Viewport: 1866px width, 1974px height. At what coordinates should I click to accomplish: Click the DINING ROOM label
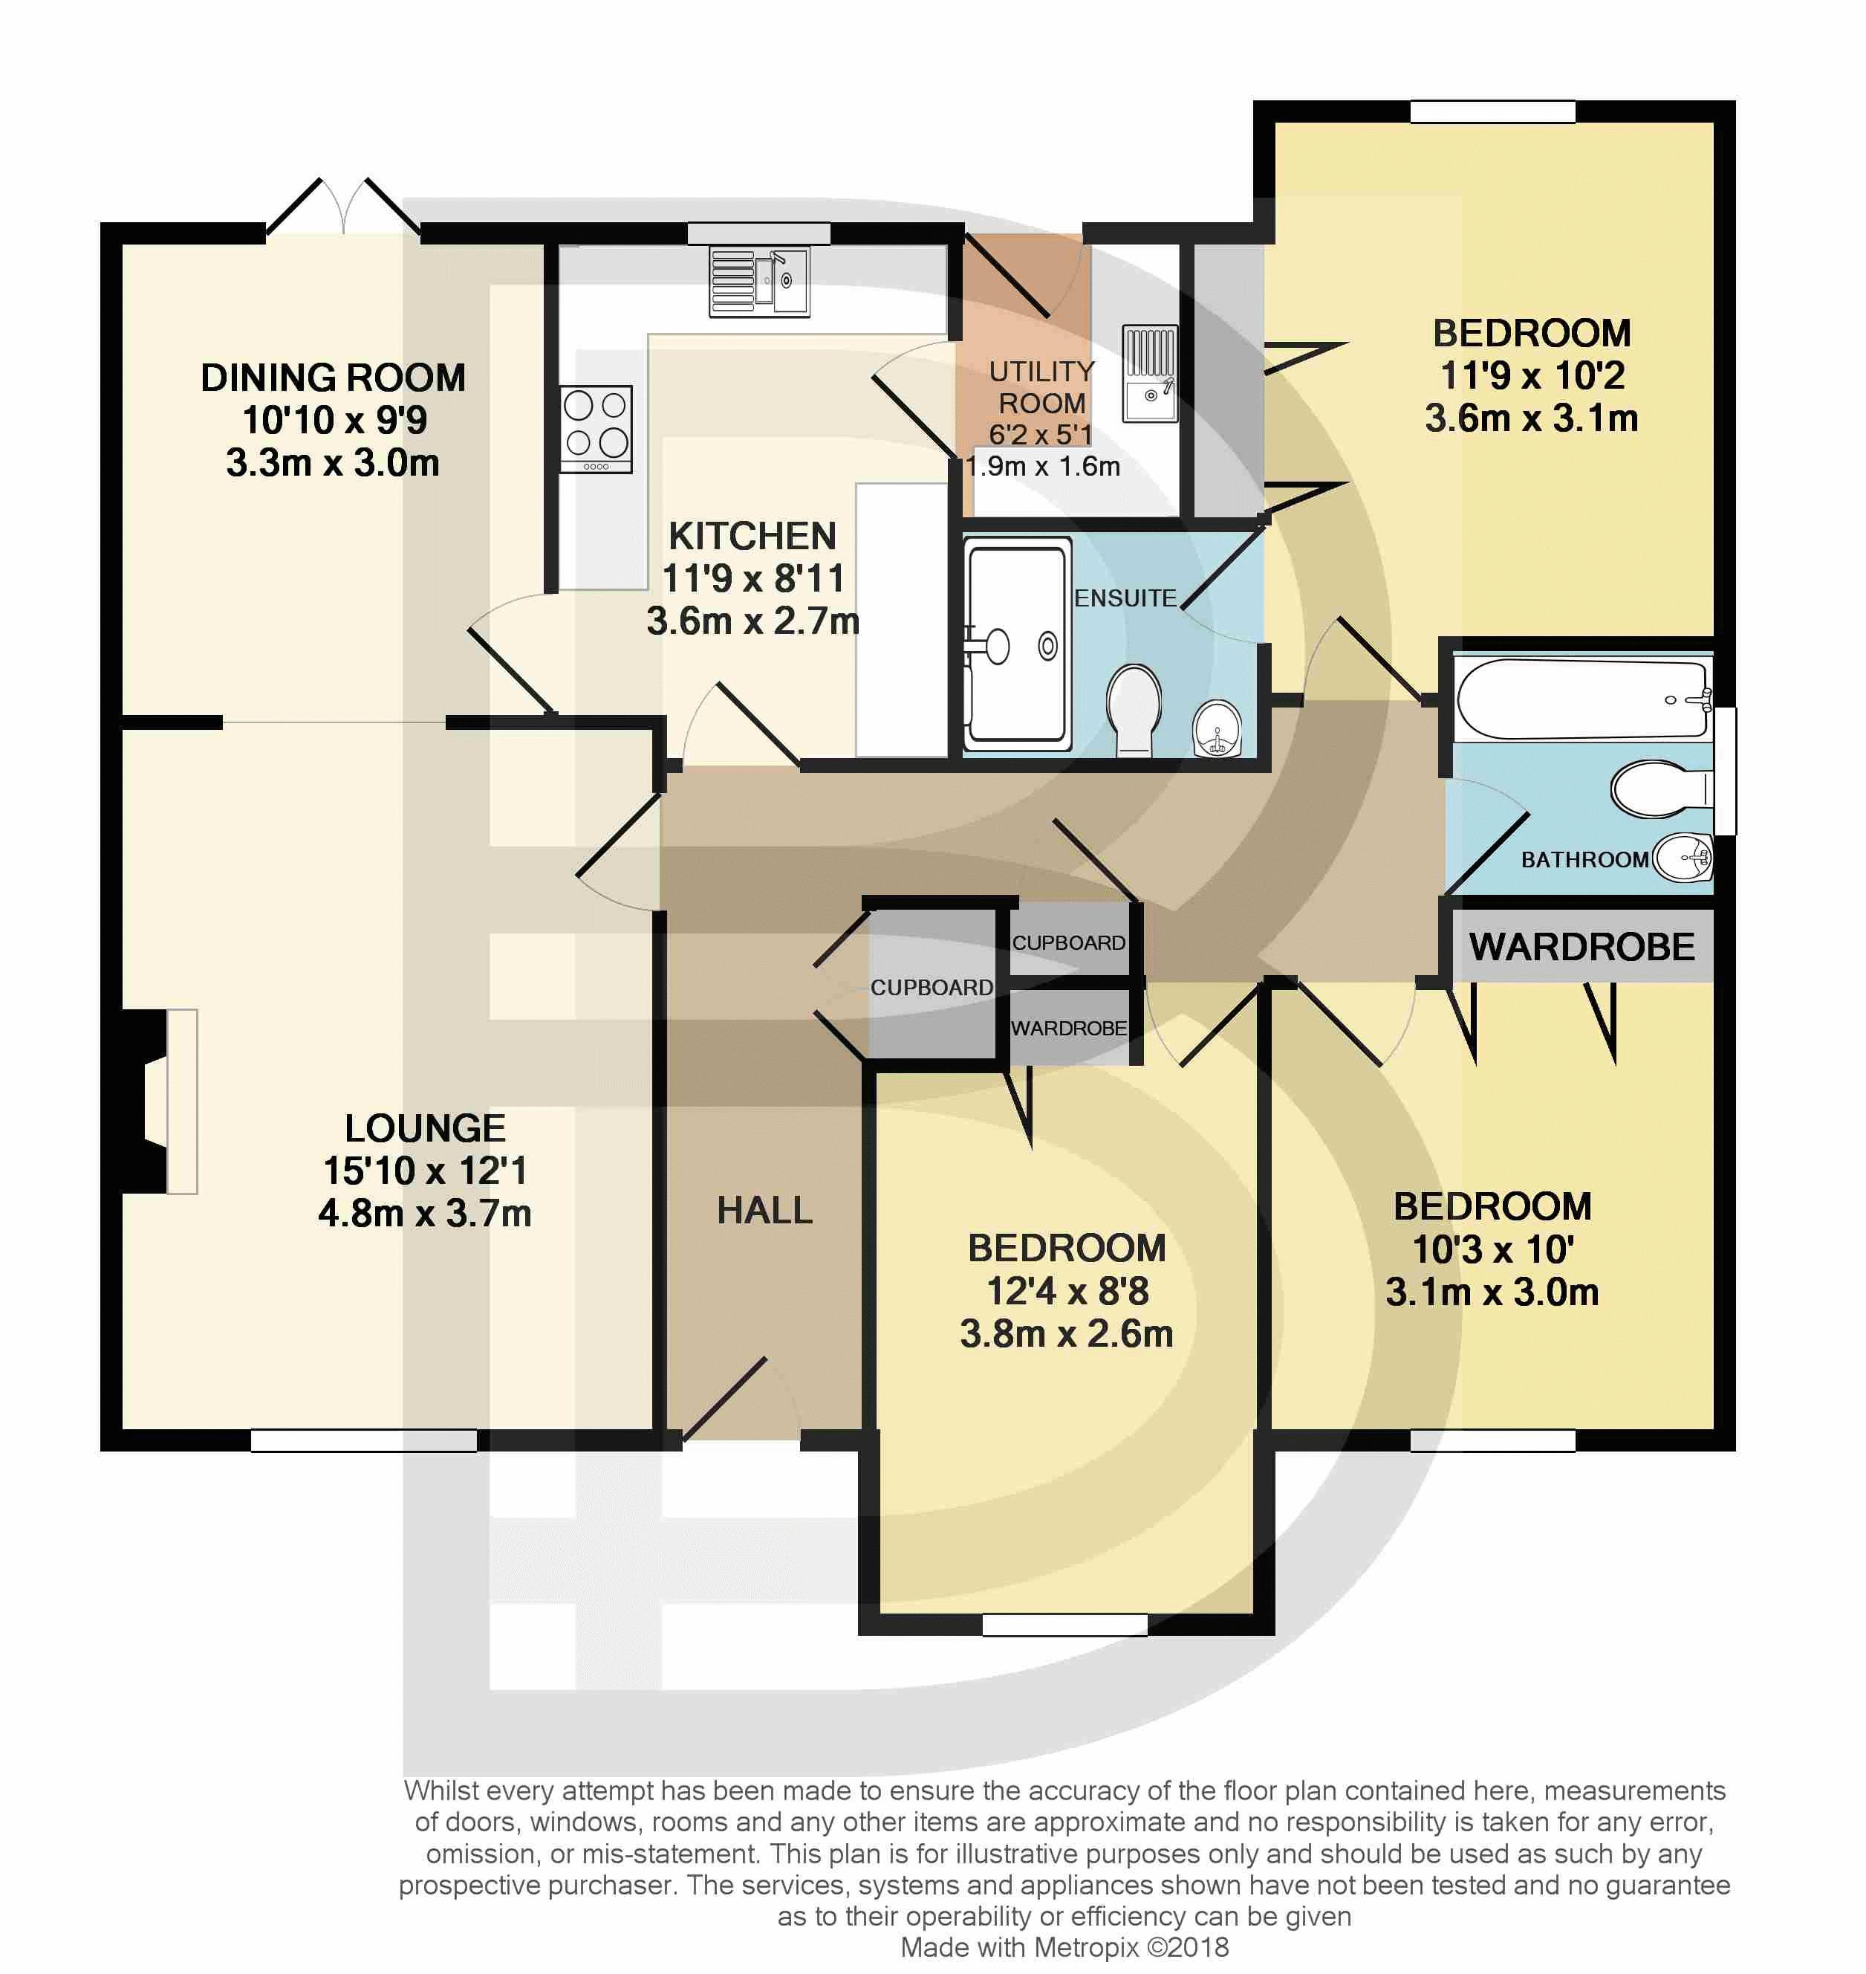pos(334,378)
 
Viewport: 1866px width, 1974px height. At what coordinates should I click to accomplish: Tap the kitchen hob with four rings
pos(596,429)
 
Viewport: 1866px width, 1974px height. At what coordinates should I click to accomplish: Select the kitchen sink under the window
pos(759,282)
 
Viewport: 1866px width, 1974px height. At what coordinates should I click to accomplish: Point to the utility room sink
pos(1150,373)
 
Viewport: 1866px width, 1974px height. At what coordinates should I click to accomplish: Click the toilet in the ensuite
pos(1134,709)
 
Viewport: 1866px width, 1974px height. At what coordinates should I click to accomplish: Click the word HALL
pos(765,1210)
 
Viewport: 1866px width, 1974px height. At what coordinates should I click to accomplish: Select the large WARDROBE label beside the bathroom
pos(1581,946)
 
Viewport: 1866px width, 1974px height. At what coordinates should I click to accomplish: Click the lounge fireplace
pos(159,1101)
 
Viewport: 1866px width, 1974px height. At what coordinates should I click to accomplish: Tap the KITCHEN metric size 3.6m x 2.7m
pos(753,621)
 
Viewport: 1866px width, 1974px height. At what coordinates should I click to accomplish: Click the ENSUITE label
pos(1125,598)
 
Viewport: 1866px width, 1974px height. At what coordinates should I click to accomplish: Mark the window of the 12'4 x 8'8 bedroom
pos(1064,1624)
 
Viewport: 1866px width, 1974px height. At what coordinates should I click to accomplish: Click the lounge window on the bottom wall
pos(364,1440)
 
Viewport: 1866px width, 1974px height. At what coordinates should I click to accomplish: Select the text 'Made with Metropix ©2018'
pos(1064,1947)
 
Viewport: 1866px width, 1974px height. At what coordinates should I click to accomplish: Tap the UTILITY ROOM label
pos(1041,387)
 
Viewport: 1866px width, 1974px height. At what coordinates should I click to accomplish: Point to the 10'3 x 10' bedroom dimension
pos(1492,1249)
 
